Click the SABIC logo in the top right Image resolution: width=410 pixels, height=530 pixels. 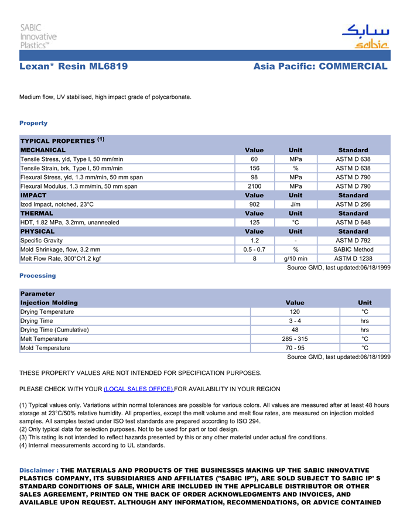(x=365, y=36)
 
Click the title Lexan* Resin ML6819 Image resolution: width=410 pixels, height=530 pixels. (x=74, y=67)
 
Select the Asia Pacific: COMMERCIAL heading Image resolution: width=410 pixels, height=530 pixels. (x=320, y=67)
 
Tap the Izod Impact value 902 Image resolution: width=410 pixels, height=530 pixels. (x=254, y=204)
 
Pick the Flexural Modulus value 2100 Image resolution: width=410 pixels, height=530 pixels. (x=254, y=186)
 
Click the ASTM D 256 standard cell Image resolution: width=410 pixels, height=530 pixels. (x=353, y=204)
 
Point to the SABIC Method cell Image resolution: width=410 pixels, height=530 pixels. (x=353, y=249)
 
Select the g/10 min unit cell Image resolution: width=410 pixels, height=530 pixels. (x=296, y=258)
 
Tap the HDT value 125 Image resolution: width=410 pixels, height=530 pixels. (x=254, y=223)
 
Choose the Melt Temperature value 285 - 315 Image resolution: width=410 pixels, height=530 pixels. (x=295, y=339)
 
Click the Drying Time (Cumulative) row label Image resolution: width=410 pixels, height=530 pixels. (x=54, y=330)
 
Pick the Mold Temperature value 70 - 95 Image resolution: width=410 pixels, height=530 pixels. (x=295, y=348)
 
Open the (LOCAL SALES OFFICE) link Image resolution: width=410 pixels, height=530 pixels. (x=138, y=389)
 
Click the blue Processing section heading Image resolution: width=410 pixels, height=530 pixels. (x=37, y=276)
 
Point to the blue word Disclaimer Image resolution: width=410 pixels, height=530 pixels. (x=37, y=470)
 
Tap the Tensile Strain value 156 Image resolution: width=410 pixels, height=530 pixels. (x=254, y=168)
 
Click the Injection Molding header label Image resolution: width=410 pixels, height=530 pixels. (x=49, y=303)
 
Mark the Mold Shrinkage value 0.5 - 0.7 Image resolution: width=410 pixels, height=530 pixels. (x=254, y=249)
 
